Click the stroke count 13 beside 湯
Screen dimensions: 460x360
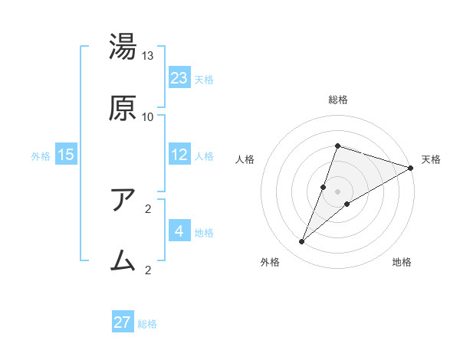(148, 56)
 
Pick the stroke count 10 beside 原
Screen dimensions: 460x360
(148, 116)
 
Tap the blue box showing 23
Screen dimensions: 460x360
(179, 77)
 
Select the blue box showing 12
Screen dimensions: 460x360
(179, 155)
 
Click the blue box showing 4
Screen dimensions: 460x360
(179, 231)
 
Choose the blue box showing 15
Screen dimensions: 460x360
(66, 155)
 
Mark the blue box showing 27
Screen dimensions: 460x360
(123, 322)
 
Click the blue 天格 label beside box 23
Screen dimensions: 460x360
(204, 79)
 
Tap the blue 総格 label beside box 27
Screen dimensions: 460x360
(147, 324)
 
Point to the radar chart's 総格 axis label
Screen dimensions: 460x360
(337, 100)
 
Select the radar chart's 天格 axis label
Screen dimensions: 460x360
(432, 159)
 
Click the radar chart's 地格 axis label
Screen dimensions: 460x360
(402, 263)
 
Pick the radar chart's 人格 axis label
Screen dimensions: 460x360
(245, 159)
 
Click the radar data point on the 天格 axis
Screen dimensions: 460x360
(411, 168)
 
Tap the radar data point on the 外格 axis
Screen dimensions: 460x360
(302, 242)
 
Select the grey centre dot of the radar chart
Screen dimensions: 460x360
(337, 191)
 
